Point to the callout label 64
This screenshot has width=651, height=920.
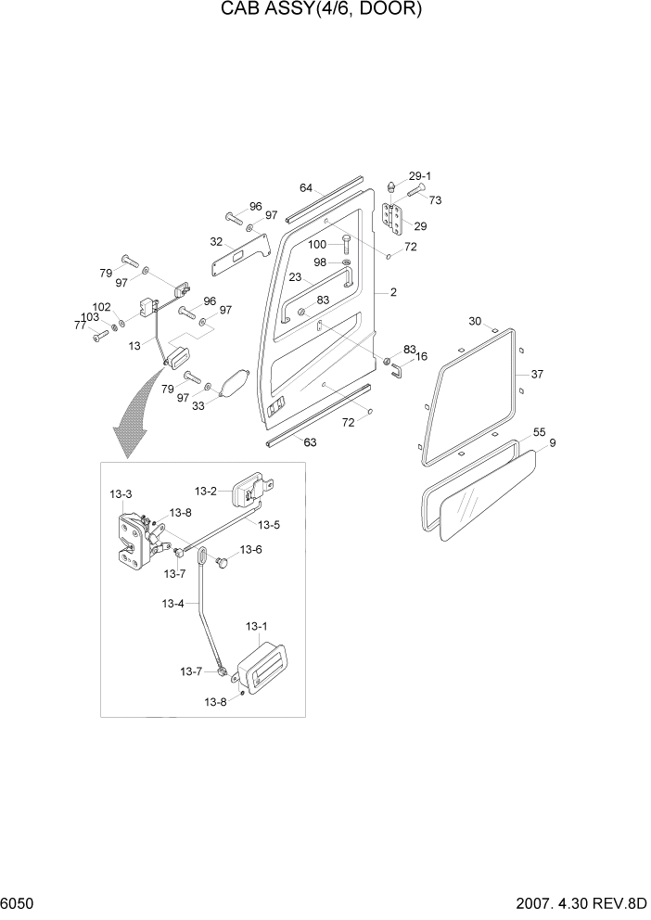[x=306, y=188]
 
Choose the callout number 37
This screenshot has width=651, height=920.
[x=537, y=374]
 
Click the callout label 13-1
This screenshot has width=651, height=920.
[x=257, y=628]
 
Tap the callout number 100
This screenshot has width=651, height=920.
[x=317, y=245]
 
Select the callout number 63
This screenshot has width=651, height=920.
[x=310, y=442]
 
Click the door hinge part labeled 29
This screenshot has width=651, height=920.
[x=393, y=221]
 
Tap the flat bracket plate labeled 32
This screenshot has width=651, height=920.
[x=238, y=255]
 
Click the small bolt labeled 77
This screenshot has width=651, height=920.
[x=98, y=336]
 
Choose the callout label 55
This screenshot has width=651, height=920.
[x=539, y=433]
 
